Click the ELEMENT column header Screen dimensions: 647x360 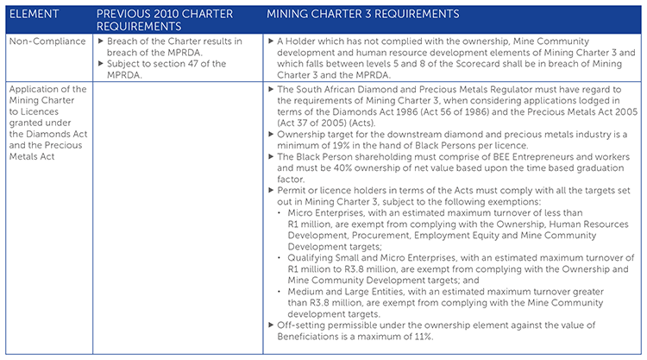coord(34,14)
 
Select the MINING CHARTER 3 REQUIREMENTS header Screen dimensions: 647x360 coord(362,14)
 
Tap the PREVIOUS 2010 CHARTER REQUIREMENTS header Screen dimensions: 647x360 coord(165,20)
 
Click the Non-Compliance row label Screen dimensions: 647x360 coord(47,41)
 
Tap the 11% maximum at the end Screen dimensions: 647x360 coord(424,337)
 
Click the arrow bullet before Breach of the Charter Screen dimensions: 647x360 coord(101,41)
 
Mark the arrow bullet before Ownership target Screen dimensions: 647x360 coord(271,134)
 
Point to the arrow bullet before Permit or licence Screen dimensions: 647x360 coord(271,190)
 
